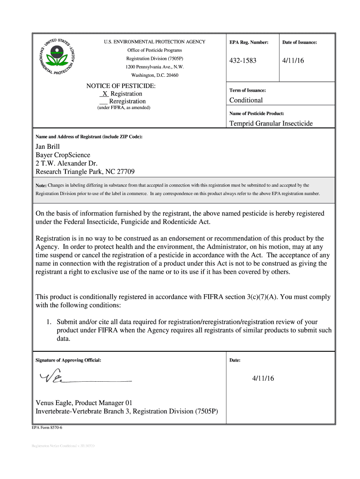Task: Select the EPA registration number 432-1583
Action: tap(243, 61)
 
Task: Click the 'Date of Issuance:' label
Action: tap(299, 43)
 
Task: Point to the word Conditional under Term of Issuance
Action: tap(246, 100)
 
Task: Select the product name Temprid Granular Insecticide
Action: tap(271, 123)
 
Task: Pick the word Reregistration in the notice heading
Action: tap(127, 102)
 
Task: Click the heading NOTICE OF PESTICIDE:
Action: tap(121, 86)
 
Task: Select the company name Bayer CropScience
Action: tap(63, 155)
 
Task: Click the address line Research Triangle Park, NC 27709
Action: tap(85, 172)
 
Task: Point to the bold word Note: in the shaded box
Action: tap(41, 186)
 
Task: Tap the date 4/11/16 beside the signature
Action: tap(263, 378)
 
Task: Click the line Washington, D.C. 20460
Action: tap(154, 75)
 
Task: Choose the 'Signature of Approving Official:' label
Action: tap(68, 360)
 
